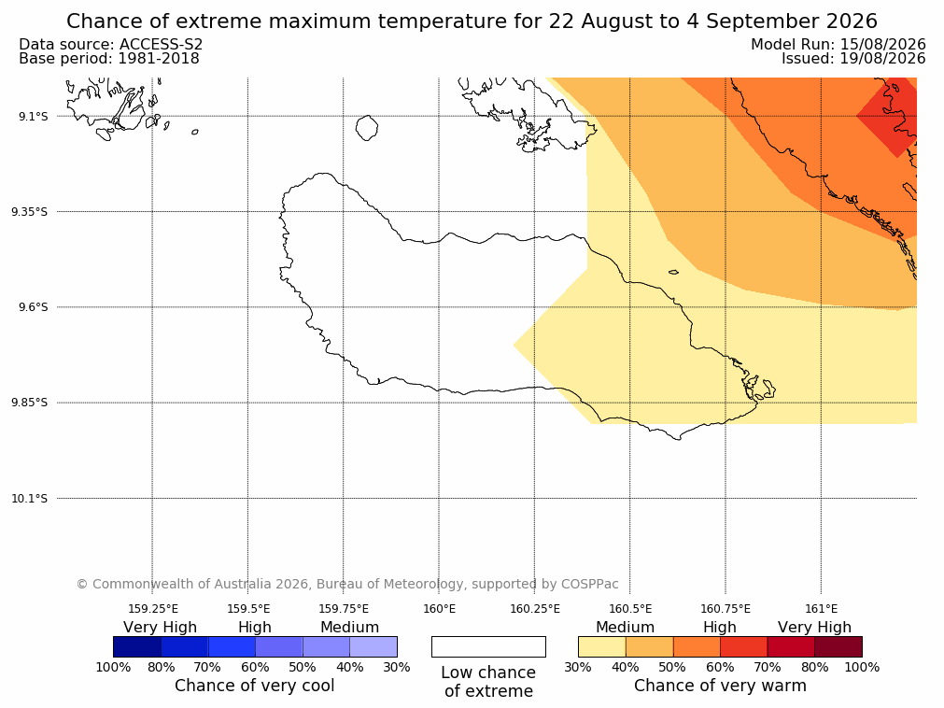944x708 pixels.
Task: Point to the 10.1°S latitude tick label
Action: tap(30, 499)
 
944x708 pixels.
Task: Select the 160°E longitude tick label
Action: tap(439, 609)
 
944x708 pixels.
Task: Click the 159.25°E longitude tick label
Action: tap(153, 609)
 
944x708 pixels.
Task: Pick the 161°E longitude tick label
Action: tap(821, 609)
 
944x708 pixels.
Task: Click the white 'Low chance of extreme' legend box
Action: tap(489, 646)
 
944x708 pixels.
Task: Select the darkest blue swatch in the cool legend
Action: tap(137, 646)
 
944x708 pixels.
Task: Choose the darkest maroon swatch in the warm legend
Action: tap(838, 646)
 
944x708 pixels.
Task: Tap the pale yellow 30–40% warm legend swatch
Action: tap(602, 646)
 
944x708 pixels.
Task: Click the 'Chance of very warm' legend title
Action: tap(720, 686)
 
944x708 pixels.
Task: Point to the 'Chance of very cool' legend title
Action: tap(255, 686)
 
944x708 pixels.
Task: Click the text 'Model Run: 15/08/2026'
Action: tap(838, 45)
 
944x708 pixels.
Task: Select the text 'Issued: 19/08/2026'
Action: tap(853, 59)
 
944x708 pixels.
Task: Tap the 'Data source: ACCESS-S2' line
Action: tap(111, 45)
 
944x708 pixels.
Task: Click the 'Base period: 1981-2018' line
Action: tap(109, 59)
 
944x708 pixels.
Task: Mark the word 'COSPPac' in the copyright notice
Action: tap(589, 584)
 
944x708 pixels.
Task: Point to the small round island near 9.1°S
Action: tap(367, 128)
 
